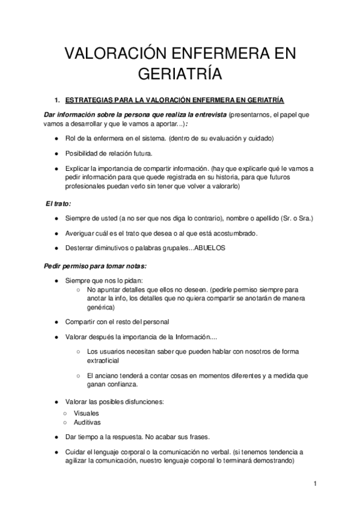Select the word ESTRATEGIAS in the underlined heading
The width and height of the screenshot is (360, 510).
point(88,100)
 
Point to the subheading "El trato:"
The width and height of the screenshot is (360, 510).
point(58,204)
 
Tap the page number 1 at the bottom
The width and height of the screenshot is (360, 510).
point(314,484)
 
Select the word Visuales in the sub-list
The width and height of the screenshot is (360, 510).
point(87,413)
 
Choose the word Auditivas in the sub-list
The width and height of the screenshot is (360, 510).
point(88,422)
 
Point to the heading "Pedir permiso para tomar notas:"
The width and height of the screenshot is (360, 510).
point(95,266)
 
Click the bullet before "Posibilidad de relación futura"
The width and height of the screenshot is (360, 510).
point(55,153)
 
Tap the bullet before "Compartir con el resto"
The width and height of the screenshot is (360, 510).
point(55,321)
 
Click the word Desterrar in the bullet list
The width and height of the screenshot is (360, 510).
point(80,248)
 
